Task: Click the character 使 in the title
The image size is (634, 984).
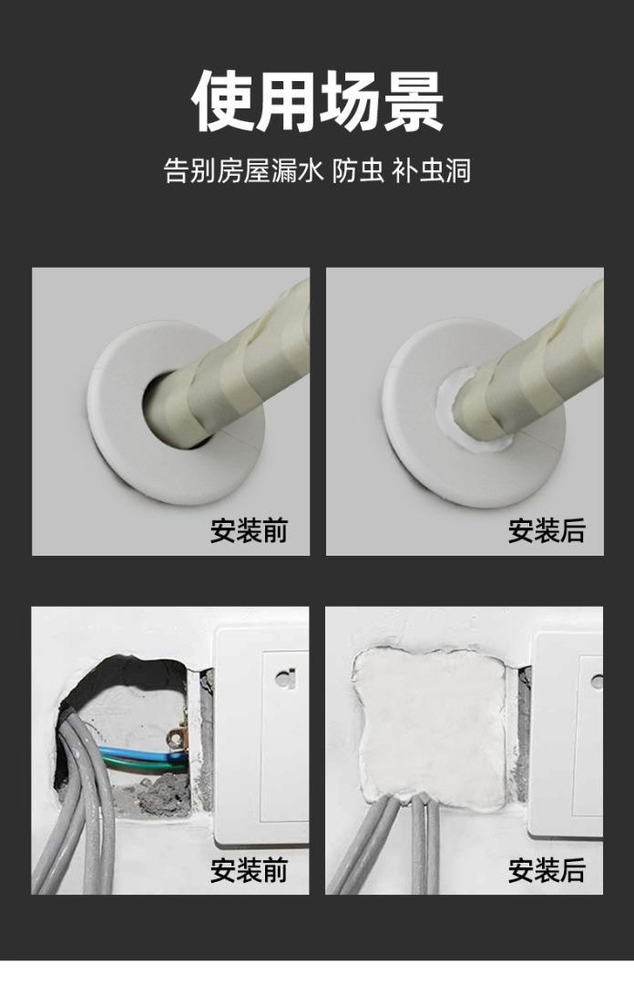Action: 222,99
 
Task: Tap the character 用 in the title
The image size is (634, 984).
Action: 285,99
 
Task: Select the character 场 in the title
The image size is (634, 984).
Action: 349,99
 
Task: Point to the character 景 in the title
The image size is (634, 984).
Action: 412,99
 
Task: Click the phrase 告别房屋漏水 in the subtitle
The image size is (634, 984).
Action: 243,170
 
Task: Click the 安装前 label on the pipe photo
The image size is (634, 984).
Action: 249,530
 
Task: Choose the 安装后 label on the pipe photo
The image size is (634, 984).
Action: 547,530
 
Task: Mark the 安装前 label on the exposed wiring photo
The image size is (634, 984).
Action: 249,870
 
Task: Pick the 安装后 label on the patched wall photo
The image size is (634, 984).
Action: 547,870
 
